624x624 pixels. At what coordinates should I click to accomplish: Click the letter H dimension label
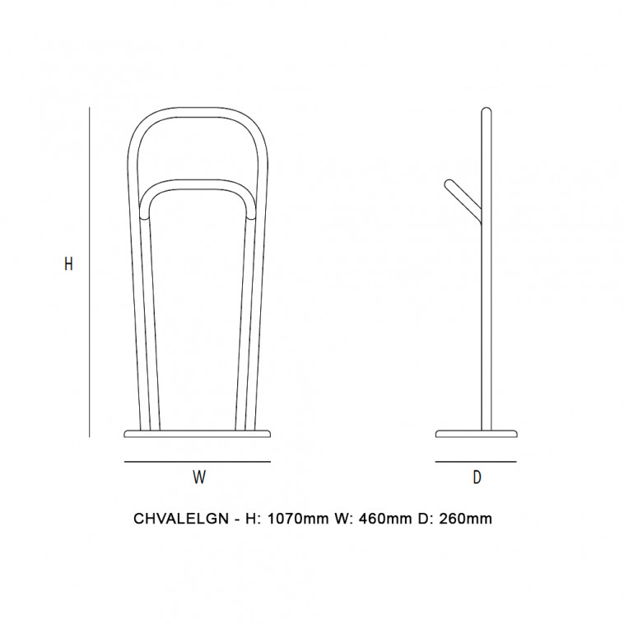(x=69, y=264)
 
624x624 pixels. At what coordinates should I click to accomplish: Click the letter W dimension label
(x=198, y=477)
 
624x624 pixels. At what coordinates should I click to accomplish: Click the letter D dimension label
(x=476, y=477)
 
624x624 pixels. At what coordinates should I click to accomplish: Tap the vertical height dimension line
(x=89, y=272)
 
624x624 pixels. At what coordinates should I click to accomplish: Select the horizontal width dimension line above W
(x=198, y=462)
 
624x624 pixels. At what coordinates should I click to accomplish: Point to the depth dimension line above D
(x=476, y=462)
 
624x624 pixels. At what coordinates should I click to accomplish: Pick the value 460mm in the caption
(x=379, y=519)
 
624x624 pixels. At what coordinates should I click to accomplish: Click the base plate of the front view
(x=198, y=433)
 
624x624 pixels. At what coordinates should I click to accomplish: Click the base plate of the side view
(x=476, y=433)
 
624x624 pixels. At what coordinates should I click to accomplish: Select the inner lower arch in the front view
(x=198, y=187)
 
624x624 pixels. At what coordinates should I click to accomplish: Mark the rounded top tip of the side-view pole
(x=486, y=110)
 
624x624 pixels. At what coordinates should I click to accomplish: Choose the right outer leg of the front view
(x=260, y=313)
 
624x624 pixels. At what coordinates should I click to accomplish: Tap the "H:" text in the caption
(x=250, y=519)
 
